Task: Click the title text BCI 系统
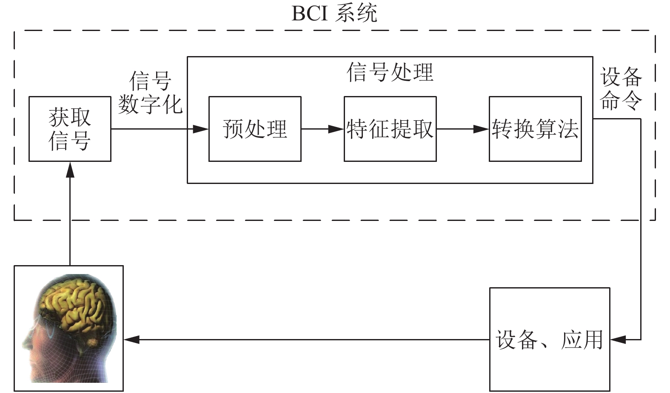[x=334, y=14]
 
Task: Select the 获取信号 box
[x=70, y=129]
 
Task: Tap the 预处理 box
[x=255, y=129]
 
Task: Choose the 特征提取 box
[x=390, y=129]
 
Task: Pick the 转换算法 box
[x=535, y=129]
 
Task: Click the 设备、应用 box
[x=550, y=339]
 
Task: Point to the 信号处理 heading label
[x=390, y=72]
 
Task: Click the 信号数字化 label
[x=150, y=93]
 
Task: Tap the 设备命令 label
[x=621, y=88]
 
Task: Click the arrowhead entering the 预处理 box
[x=201, y=129]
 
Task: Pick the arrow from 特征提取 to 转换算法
[x=463, y=129]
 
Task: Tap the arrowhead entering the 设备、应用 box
[x=618, y=339]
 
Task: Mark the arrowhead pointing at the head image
[x=131, y=339]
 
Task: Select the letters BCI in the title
[x=310, y=14]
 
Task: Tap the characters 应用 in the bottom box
[x=582, y=340]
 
